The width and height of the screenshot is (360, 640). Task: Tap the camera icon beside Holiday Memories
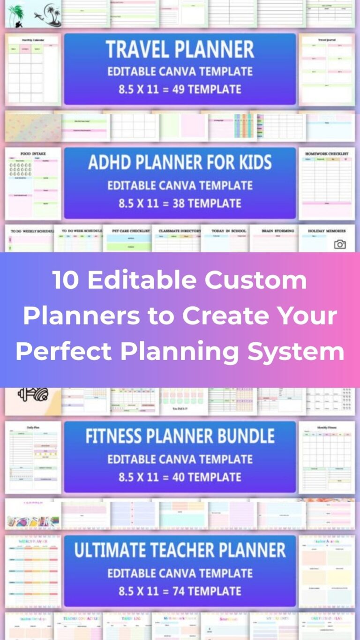[340, 244]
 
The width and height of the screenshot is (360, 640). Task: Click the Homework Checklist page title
[327, 154]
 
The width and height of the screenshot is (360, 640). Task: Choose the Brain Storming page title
[274, 231]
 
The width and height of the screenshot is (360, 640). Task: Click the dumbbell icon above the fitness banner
[33, 394]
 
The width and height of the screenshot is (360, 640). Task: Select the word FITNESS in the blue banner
[119, 437]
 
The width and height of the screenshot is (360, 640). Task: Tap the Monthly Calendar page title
[33, 40]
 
